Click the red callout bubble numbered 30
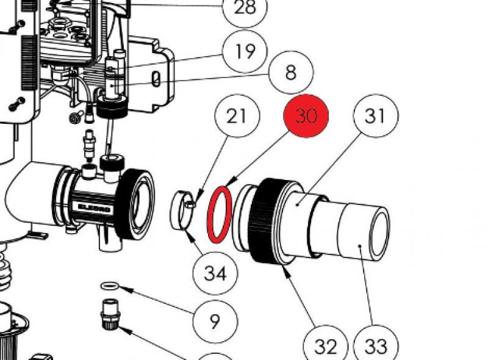click(306, 116)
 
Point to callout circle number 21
click(237, 116)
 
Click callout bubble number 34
click(215, 273)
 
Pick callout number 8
click(290, 73)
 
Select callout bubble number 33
click(376, 347)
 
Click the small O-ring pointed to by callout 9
click(110, 286)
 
